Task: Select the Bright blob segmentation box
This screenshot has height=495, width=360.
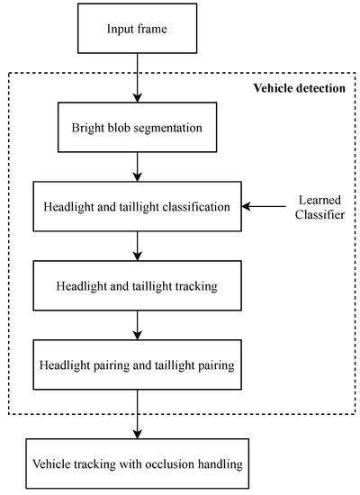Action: (136, 127)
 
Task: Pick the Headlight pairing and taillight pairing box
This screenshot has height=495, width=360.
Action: (136, 365)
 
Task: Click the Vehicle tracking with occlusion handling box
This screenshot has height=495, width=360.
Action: (136, 466)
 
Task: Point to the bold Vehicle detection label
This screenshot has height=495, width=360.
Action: (298, 87)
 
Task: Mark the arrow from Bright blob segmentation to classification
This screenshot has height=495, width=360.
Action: (136, 166)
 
